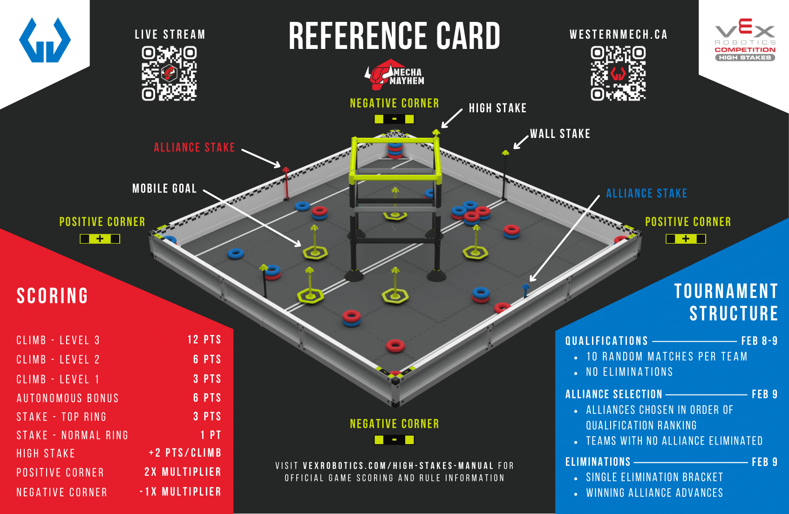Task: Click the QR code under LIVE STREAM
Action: coord(169,73)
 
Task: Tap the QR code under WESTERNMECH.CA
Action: coord(618,73)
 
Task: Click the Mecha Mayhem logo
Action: coord(394,75)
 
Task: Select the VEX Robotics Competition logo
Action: coord(745,40)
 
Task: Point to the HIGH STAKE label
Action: coord(497,108)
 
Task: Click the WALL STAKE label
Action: coord(560,134)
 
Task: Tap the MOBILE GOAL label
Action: coord(164,188)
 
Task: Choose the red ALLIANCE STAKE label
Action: coord(194,147)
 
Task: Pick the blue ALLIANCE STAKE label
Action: coord(646,193)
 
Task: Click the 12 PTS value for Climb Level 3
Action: coord(204,339)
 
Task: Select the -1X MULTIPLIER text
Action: coord(180,492)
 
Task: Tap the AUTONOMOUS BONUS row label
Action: coord(68,398)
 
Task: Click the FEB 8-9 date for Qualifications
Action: coord(759,341)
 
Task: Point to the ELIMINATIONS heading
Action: coord(598,462)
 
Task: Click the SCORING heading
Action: coord(52,296)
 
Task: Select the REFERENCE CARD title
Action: coord(394,36)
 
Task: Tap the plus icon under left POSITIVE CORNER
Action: coord(100,239)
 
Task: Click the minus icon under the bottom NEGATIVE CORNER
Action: coord(394,440)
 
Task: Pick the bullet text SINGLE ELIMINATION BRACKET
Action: coord(654,477)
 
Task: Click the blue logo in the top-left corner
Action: coord(45,40)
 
